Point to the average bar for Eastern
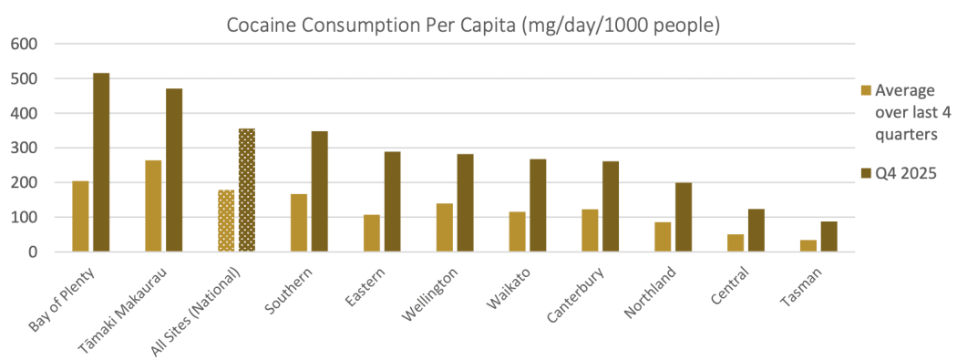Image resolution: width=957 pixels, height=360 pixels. (x=372, y=233)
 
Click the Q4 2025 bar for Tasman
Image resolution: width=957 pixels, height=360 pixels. (x=829, y=237)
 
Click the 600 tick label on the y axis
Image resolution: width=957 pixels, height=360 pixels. (x=24, y=44)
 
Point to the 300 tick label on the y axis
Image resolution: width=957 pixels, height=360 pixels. (x=24, y=148)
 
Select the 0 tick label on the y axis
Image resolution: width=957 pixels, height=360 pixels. (x=32, y=252)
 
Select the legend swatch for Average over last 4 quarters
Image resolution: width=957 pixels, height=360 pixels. (x=866, y=90)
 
